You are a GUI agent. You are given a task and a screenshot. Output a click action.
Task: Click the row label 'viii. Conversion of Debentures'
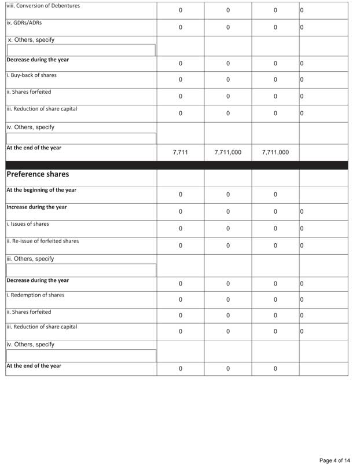43,6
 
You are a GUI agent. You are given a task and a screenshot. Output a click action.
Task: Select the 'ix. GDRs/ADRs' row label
24,24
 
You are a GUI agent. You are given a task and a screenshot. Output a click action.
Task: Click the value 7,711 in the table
181,153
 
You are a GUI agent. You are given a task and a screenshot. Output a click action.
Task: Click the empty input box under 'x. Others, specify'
81,51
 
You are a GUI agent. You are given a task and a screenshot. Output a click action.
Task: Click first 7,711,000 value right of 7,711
228,153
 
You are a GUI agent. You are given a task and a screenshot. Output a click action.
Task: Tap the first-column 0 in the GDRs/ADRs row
181,27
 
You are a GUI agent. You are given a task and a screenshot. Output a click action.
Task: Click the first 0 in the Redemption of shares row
181,299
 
